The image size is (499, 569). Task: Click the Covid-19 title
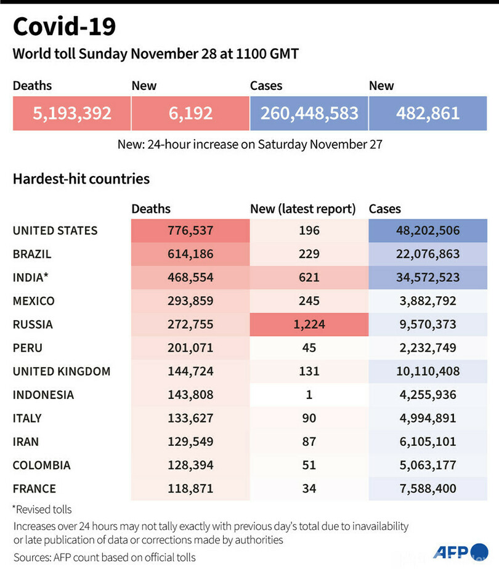[64, 26]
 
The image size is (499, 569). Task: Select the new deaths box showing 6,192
[190, 113]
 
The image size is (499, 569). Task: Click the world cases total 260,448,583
[309, 113]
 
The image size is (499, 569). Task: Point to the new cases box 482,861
[428, 113]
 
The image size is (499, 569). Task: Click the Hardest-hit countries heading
[81, 179]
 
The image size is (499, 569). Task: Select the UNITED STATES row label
[55, 231]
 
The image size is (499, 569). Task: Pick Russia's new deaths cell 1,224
[309, 325]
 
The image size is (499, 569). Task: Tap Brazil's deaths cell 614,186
[190, 254]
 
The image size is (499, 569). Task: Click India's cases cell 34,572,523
[428, 278]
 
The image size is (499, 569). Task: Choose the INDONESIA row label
[43, 395]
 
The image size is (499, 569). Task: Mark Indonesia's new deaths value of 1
[309, 395]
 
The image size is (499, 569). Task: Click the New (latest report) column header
[302, 209]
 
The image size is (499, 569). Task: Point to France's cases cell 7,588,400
[428, 488]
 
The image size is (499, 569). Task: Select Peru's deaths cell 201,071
[190, 348]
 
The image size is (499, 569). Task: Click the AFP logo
[460, 551]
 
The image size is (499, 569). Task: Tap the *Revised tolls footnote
[42, 509]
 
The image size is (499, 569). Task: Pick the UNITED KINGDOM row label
[62, 371]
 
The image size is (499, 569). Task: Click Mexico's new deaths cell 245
[309, 301]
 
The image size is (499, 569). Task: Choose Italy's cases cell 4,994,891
[428, 418]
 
